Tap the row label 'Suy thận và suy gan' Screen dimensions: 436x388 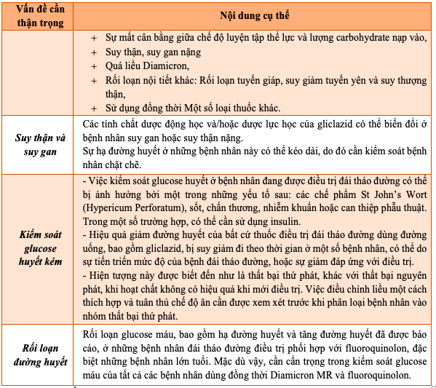pyautogui.click(x=41, y=144)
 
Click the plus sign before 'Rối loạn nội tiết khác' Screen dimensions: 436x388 pyautogui.click(x=93, y=81)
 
